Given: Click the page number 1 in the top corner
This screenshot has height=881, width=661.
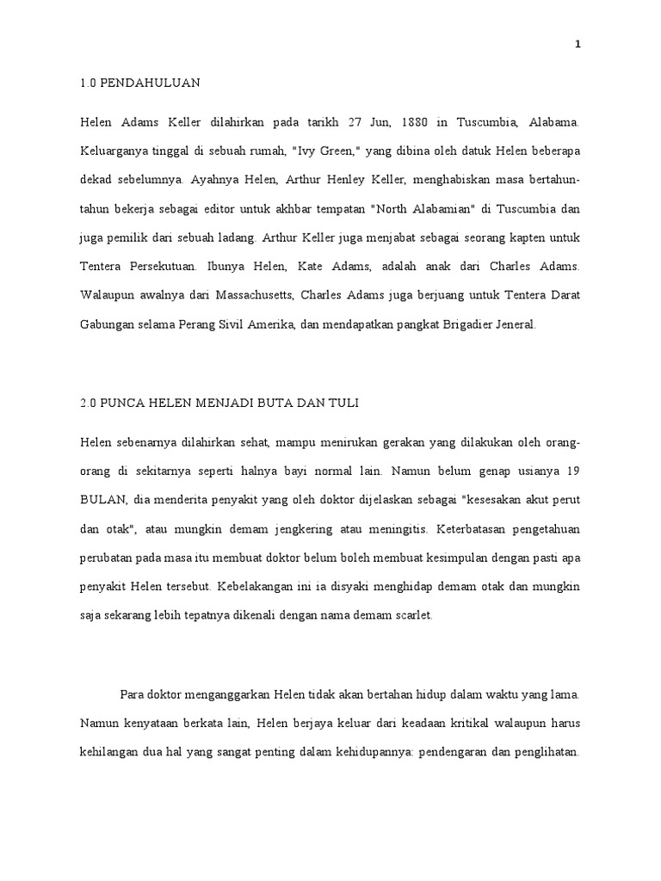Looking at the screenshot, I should point(578,46).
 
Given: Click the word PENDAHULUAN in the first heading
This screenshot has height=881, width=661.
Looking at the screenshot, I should point(150,83).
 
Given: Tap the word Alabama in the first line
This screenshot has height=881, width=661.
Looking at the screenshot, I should point(554,123).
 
